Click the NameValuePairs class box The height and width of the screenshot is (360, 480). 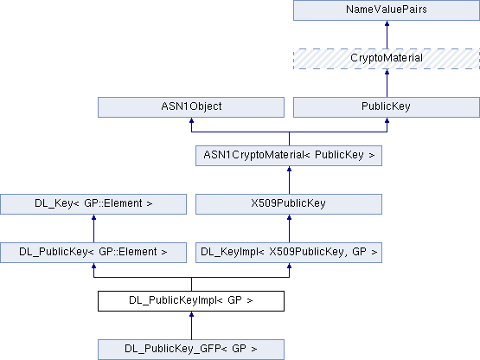tap(387, 10)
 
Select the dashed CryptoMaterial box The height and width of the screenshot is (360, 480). tap(387, 59)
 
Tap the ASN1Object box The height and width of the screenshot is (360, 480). tap(191, 107)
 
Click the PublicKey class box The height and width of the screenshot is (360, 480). tap(387, 107)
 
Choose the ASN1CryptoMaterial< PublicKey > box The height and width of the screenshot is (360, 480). tap(289, 156)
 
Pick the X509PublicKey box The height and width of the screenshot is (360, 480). tap(289, 204)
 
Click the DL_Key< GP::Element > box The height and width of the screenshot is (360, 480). tap(93, 204)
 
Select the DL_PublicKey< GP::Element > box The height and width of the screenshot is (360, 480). tap(93, 253)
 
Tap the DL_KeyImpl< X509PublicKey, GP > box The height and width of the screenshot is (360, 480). tap(289, 253)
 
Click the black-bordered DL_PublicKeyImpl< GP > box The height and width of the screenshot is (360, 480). tap(191, 301)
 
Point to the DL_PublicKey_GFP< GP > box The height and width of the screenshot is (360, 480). tap(191, 350)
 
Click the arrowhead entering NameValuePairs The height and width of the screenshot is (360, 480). tap(387, 23)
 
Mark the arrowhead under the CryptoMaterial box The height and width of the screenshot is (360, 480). tap(387, 72)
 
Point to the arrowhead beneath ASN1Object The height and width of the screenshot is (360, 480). tap(191, 120)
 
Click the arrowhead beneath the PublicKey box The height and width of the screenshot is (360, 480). tap(387, 120)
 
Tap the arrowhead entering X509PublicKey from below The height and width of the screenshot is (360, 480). tap(289, 217)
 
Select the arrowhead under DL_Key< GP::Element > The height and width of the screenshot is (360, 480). tap(93, 217)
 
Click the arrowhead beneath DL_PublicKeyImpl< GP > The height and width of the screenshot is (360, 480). tap(191, 314)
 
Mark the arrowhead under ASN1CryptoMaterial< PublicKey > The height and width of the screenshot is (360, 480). tap(289, 169)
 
